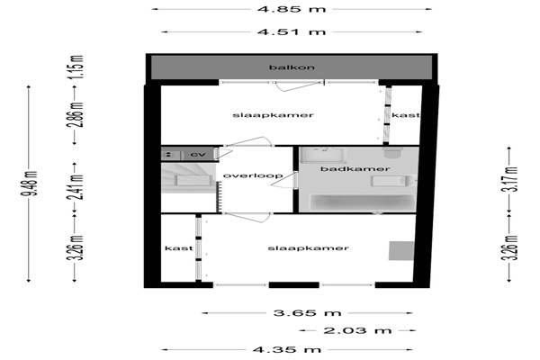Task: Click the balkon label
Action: point(292,67)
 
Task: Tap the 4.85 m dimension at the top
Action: point(292,9)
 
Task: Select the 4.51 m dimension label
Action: point(292,32)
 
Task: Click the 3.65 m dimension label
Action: point(307,313)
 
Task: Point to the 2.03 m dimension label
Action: point(357,330)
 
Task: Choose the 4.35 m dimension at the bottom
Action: point(287,350)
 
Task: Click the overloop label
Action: point(253,175)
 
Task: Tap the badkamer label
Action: point(355,169)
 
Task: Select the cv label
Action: point(198,155)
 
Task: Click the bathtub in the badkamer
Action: point(362,202)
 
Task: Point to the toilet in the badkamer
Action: point(393,153)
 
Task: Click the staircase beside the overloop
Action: point(189,178)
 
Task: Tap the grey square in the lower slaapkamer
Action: point(401,251)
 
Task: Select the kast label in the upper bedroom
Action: point(406,115)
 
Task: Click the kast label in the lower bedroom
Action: point(179,248)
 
